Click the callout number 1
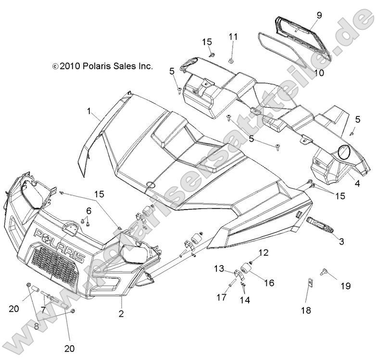[x=89, y=111]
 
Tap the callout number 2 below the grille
[x=121, y=314]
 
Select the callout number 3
[x=342, y=242]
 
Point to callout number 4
[x=357, y=183]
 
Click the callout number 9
[x=319, y=15]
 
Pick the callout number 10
[x=319, y=74]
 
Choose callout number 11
[x=233, y=37]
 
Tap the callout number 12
[x=263, y=253]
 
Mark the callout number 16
[x=269, y=283]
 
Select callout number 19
[x=346, y=286]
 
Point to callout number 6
[x=88, y=211]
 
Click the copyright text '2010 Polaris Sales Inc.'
[x=102, y=66]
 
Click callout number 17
[x=221, y=298]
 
